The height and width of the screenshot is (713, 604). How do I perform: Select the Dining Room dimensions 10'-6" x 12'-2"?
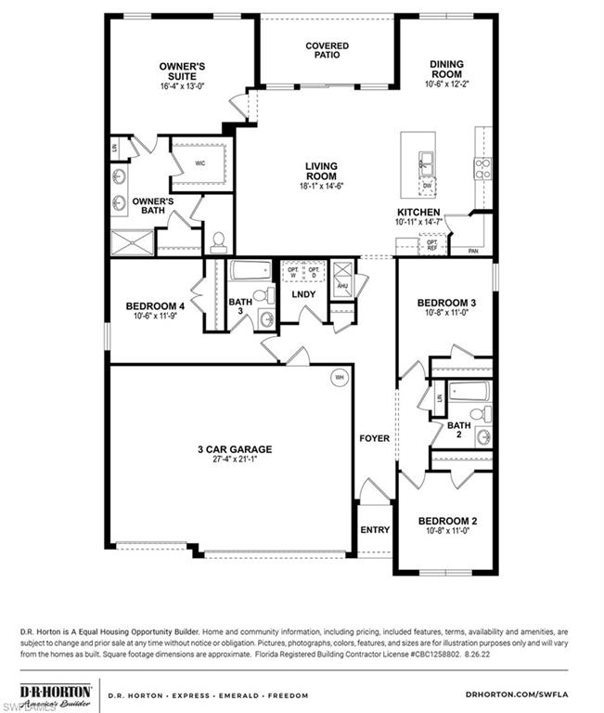pyautogui.click(x=445, y=84)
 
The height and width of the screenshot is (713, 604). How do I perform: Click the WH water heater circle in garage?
pyautogui.click(x=339, y=377)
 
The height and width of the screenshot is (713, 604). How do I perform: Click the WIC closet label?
pyautogui.click(x=199, y=163)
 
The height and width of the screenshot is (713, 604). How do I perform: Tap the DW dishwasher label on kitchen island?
pyautogui.click(x=426, y=186)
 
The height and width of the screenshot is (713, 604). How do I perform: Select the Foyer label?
pyautogui.click(x=375, y=437)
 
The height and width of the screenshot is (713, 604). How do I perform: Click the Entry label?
pyautogui.click(x=375, y=530)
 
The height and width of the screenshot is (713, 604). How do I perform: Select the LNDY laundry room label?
pyautogui.click(x=303, y=294)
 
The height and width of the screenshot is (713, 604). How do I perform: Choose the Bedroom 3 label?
pyautogui.click(x=446, y=304)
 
